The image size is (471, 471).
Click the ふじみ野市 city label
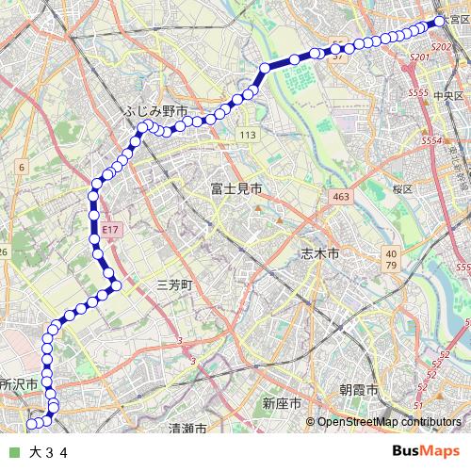tap(155, 111)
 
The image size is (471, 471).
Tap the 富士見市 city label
tap(235, 189)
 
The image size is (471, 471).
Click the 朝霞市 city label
tap(359, 390)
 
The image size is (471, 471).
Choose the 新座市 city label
tap(282, 403)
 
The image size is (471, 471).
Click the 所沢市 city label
tap(18, 384)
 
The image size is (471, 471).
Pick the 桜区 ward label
tap(403, 188)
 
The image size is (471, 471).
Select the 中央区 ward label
tap(447, 95)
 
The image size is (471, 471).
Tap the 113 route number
tap(247, 136)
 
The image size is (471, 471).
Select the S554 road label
tap(432, 140)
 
